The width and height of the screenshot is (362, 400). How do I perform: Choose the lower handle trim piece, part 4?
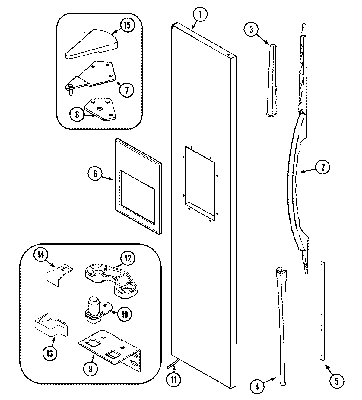click(280, 323)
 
